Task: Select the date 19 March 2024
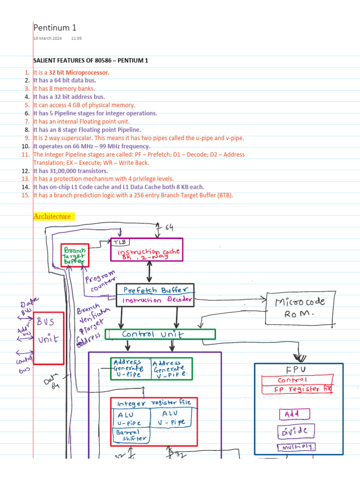pos(46,38)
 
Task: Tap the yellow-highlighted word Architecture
pos(53,217)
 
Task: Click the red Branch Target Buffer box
pos(75,255)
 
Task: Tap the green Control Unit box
pos(160,334)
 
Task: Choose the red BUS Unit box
pos(48,337)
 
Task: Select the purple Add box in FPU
pos(295,414)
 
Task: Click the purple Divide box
pos(296,431)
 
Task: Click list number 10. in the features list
pos(26,146)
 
